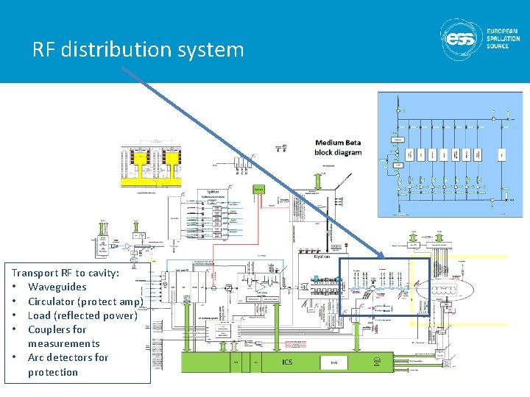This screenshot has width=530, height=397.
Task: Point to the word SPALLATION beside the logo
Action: (x=503, y=38)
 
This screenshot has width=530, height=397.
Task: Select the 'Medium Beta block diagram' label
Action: (x=338, y=147)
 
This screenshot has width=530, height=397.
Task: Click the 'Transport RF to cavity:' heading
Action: (x=66, y=273)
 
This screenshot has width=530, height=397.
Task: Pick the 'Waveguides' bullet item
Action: (x=57, y=287)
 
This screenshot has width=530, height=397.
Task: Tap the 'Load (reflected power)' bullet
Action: (x=82, y=315)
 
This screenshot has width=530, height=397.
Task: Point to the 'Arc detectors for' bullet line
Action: (x=68, y=357)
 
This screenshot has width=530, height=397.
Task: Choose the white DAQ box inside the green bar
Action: (x=334, y=362)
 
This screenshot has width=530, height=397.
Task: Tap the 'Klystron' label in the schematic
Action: (x=322, y=257)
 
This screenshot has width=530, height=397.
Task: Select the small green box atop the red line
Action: (x=258, y=189)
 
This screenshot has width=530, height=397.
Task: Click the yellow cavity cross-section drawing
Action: (x=151, y=165)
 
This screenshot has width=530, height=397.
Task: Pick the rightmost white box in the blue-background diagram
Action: (x=501, y=154)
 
